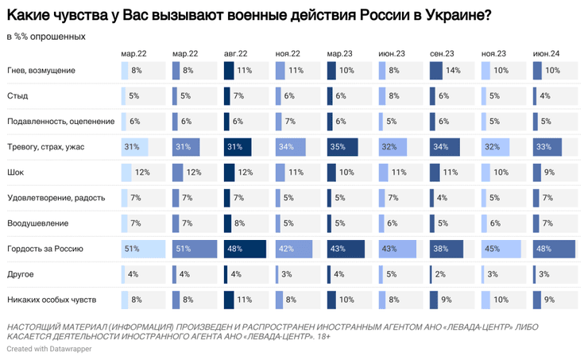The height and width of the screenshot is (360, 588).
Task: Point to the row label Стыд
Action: [17, 96]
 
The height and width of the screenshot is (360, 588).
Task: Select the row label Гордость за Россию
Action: [45, 249]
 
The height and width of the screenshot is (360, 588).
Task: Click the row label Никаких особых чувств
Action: [52, 300]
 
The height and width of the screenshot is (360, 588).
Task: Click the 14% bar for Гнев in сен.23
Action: [436, 71]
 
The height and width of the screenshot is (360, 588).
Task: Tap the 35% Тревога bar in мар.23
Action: [342, 147]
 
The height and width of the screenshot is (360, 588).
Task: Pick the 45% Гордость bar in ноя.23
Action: [501, 249]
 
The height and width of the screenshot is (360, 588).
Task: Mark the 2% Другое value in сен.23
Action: [441, 274]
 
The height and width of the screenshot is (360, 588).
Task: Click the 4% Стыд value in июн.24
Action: [545, 96]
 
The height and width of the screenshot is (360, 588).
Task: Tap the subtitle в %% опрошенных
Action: [46, 37]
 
